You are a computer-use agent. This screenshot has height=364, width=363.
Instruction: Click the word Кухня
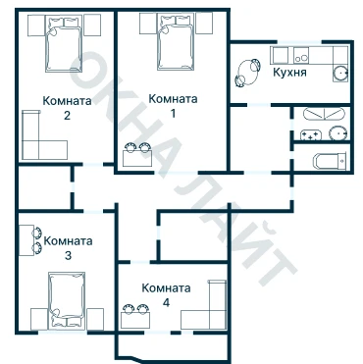(x=289, y=73)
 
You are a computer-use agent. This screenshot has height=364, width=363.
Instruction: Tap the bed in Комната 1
(x=176, y=42)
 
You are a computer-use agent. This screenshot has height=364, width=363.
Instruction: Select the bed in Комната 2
(x=63, y=44)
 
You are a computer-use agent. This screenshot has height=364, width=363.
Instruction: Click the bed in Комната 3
(x=67, y=300)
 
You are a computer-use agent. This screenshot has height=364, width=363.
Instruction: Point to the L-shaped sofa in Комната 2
(x=32, y=149)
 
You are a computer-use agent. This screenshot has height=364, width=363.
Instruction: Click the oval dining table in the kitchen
(x=247, y=73)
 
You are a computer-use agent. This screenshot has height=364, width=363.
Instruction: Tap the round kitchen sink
(x=340, y=74)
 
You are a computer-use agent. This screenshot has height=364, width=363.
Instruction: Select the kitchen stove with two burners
(x=301, y=55)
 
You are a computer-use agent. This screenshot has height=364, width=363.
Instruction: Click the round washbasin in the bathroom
(x=338, y=133)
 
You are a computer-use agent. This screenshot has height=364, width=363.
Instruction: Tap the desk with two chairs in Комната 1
(x=137, y=155)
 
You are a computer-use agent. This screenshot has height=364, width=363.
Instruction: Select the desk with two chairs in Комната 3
(x=30, y=240)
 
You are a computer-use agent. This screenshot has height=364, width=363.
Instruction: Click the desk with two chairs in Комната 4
(x=135, y=317)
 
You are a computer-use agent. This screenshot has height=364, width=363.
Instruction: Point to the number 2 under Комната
(x=67, y=116)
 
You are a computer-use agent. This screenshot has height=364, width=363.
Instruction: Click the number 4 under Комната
(x=166, y=303)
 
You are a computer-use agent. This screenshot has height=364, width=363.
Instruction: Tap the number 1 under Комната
(x=173, y=113)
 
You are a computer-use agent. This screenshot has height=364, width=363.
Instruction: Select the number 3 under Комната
(x=68, y=255)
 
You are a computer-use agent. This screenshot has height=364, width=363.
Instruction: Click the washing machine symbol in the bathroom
(x=311, y=135)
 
